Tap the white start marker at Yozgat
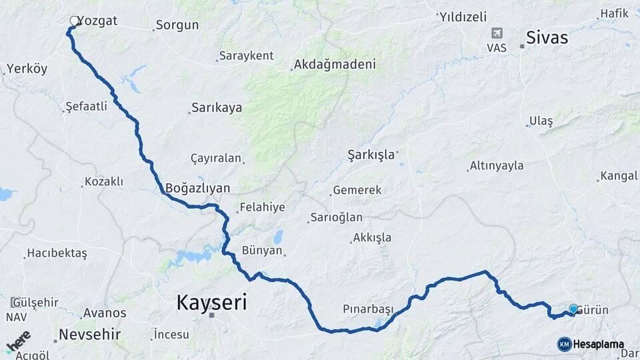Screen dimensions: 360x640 tap(74, 21)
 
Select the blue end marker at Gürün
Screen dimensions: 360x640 tap(573, 309)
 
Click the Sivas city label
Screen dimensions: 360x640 tap(547, 37)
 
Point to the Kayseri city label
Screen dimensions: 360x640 tap(211, 303)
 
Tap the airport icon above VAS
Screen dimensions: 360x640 tap(497, 33)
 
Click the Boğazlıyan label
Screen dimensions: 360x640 tap(197, 188)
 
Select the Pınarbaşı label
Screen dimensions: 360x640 tap(368, 309)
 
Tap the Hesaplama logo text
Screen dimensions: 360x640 tap(599, 344)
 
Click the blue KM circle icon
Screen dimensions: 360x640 tap(564, 344)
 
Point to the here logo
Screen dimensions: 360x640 tap(19, 341)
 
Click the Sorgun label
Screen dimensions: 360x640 tap(177, 26)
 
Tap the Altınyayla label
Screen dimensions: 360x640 tap(497, 165)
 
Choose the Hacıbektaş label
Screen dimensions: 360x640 tap(57, 253)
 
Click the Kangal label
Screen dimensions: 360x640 tap(619, 176)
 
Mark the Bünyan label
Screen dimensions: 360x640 tap(263, 251)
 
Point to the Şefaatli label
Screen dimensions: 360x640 tap(87, 106)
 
